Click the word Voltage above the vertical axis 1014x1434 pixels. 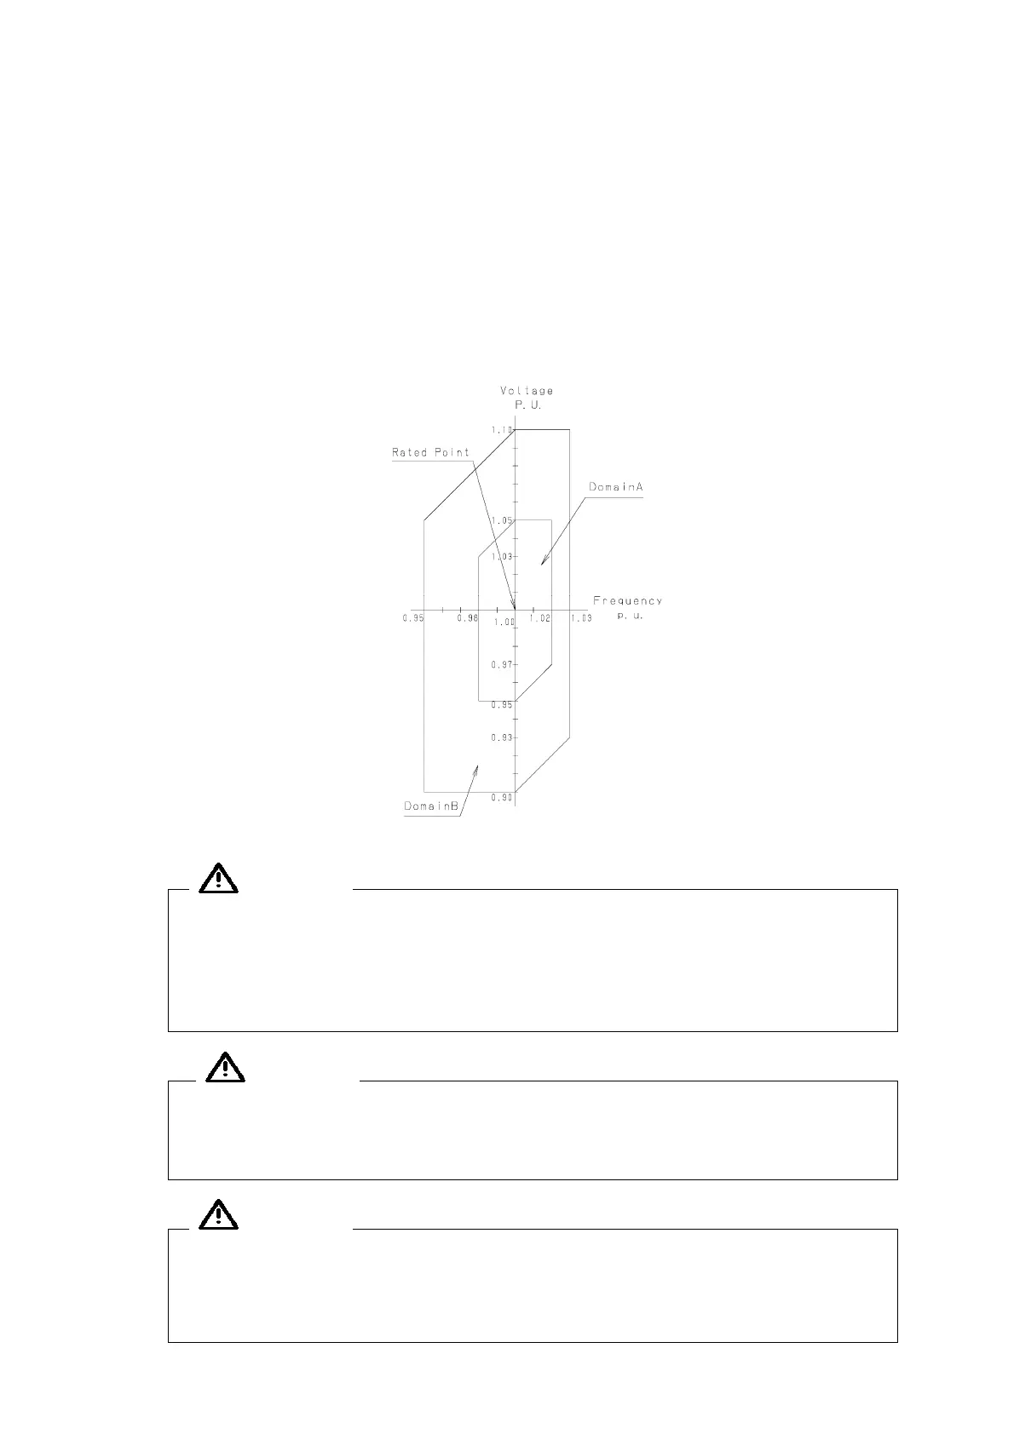pos(526,391)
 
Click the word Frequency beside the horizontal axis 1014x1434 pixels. pos(627,600)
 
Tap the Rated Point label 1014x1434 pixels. pos(430,452)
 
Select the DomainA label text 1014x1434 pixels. pos(615,487)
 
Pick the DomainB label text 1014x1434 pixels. pos(432,806)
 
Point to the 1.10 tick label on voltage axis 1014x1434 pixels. pos(502,430)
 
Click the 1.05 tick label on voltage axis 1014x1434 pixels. pos(502,520)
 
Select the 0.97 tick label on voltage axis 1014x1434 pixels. pos(502,664)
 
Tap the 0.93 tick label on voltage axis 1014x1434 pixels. pos(502,737)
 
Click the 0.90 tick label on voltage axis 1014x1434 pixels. pos(502,797)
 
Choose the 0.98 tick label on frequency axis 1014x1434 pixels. pos(468,618)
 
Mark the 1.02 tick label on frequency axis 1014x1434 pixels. pos(539,618)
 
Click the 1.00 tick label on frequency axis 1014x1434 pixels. pos(504,622)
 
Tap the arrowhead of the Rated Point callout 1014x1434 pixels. pos(513,605)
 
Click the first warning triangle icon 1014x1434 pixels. pos(219,877)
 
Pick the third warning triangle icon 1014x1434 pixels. pos(219,1215)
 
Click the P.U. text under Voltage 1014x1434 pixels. pos(527,405)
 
